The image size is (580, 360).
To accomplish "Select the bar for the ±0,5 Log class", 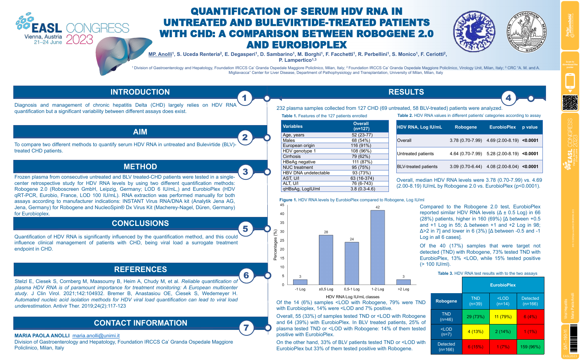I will [x=326, y=260].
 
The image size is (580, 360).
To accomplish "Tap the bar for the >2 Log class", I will [x=403, y=282].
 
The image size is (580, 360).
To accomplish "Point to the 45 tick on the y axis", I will [x=282, y=205].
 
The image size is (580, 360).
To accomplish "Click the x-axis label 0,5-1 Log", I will [x=352, y=289].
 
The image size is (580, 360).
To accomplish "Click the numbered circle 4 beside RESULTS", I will [x=508, y=98].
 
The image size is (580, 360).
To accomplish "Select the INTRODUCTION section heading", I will [x=140, y=92].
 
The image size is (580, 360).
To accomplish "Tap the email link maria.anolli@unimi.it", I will [x=96, y=335].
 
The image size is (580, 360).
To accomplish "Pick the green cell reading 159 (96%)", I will [x=530, y=346].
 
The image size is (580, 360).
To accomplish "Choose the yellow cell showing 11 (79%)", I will [x=503, y=317].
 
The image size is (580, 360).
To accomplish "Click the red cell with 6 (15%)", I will [x=476, y=346].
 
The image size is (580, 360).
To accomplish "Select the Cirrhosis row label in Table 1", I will [x=292, y=156].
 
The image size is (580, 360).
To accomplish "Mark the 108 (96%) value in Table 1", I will [x=361, y=151].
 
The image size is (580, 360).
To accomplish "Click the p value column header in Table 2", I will [x=530, y=127].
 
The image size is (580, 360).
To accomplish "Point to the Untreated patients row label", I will [x=415, y=154].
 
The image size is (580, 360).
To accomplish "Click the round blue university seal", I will [x=474, y=32].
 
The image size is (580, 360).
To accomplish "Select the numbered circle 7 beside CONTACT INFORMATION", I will [x=246, y=328].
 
